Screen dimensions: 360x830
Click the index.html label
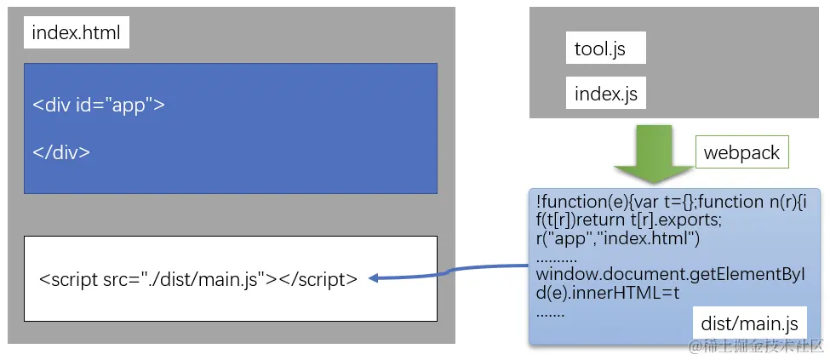coord(76,34)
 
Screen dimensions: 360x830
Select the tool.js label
coord(600,49)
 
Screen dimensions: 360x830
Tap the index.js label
coord(605,94)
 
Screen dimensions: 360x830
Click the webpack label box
coord(741,153)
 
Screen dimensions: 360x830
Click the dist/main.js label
coord(749,323)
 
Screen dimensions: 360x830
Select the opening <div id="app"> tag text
coord(99,106)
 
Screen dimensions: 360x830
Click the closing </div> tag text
coord(61,152)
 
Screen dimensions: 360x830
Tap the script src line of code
coord(198,278)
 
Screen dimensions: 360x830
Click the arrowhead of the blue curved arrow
coord(375,277)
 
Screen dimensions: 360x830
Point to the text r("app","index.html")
coord(617,238)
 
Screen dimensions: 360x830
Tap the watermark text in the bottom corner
coord(756,346)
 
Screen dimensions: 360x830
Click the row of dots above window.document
coord(557,257)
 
